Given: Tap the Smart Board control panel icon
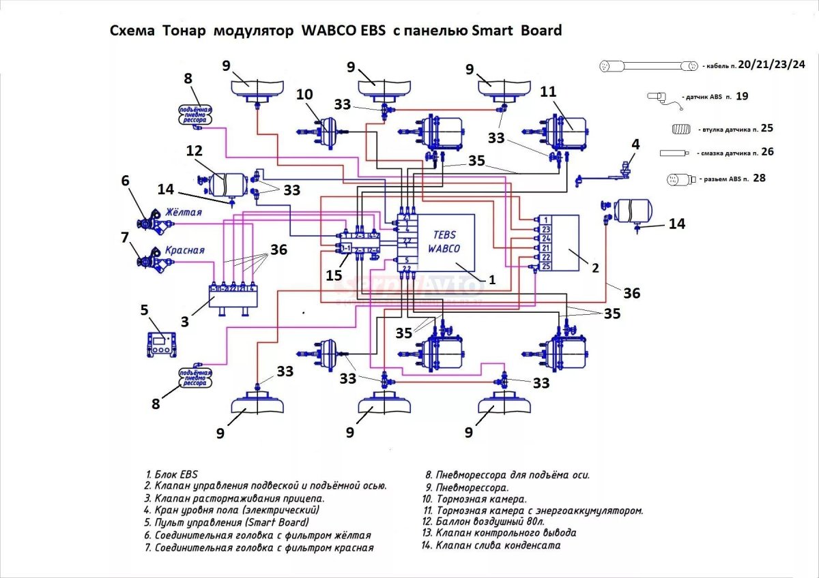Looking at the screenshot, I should [162, 342].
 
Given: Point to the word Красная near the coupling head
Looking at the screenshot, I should [184, 250].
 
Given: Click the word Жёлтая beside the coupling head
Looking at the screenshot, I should [182, 212].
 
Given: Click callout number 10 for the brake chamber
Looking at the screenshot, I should [304, 93].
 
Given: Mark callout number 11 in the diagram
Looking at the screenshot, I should [548, 93].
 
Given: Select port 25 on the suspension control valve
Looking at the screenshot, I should [545, 267].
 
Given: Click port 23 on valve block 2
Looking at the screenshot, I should [545, 230].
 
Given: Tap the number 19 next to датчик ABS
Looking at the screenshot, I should [742, 97].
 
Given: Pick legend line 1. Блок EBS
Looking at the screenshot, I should [171, 474].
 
